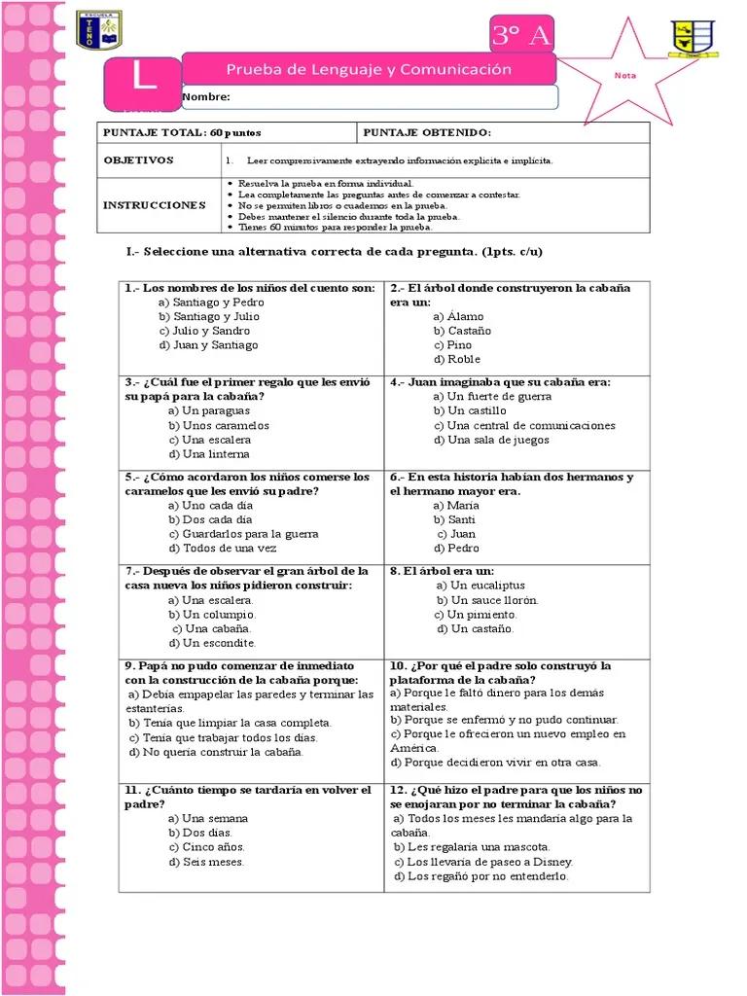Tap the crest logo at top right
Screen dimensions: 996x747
(x=694, y=39)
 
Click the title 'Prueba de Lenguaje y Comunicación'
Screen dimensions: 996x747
(x=369, y=69)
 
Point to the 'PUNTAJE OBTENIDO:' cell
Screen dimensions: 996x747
(x=427, y=132)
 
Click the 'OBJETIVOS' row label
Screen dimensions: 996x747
(x=138, y=160)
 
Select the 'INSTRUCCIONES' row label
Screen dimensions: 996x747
(x=155, y=205)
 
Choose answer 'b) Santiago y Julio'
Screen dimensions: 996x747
(x=209, y=316)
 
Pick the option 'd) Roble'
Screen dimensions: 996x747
(x=457, y=359)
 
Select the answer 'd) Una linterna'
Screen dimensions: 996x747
(x=208, y=453)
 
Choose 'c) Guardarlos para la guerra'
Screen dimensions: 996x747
(x=243, y=533)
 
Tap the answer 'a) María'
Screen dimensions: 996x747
(x=456, y=505)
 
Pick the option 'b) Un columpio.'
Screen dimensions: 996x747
(x=212, y=614)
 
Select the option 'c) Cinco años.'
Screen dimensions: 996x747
(x=206, y=846)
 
